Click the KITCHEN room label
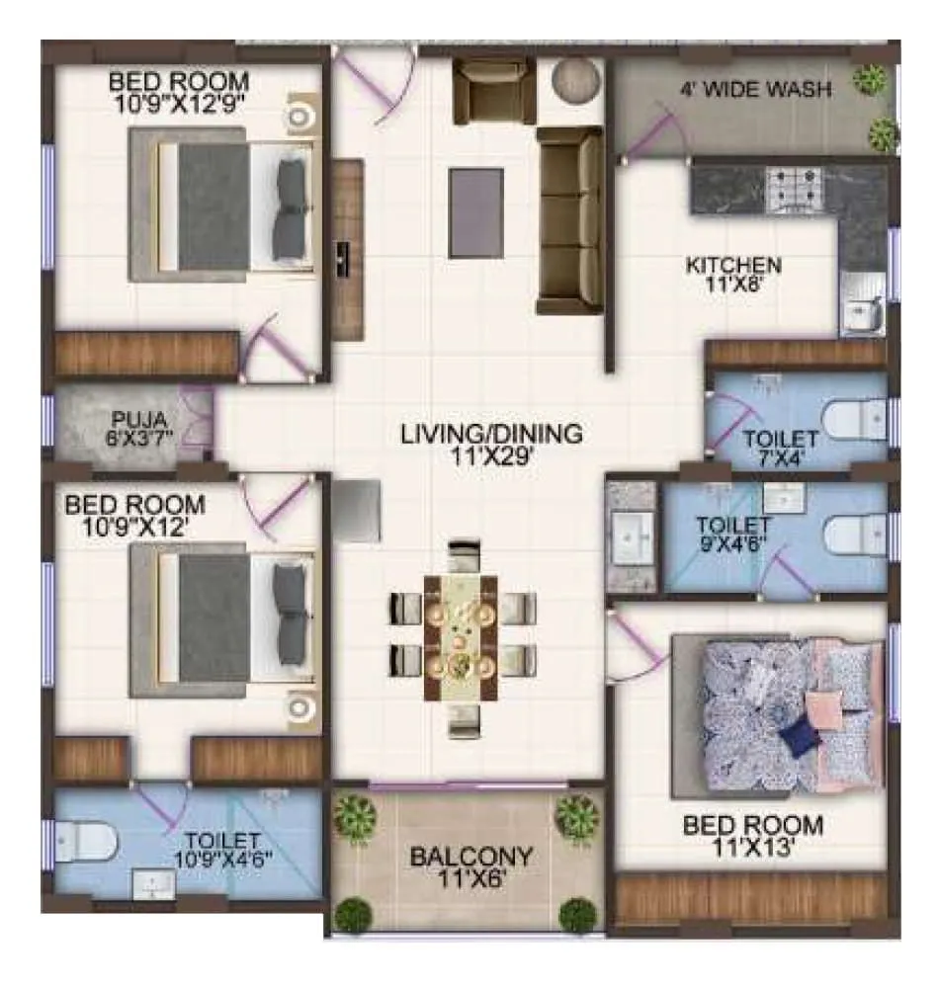[x=734, y=265]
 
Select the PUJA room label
[x=131, y=418]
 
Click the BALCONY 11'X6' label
[x=471, y=865]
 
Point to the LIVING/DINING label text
[x=491, y=433]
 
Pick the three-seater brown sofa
[x=569, y=219]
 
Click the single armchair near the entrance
[x=493, y=88]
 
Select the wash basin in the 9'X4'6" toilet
[x=632, y=538]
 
